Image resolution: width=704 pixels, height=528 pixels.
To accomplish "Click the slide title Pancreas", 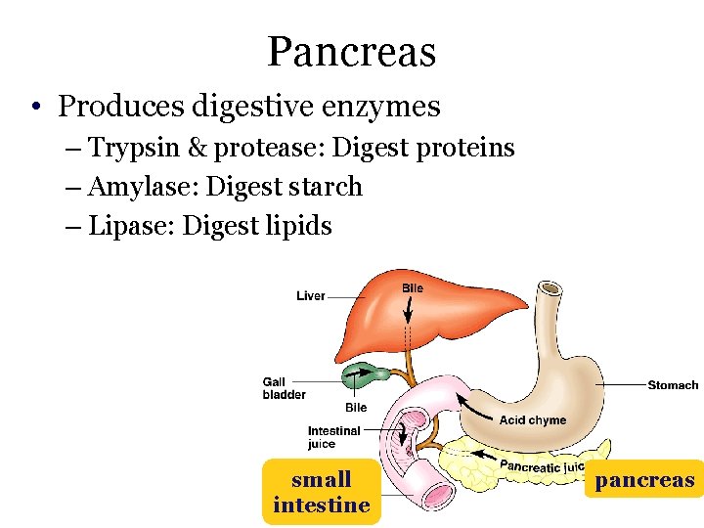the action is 351,51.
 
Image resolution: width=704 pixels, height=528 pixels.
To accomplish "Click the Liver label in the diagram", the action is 311,295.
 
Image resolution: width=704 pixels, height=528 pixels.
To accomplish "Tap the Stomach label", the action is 673,385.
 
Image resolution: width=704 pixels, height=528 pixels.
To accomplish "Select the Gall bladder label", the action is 284,388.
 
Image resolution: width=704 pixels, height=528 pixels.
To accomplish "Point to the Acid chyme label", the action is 533,420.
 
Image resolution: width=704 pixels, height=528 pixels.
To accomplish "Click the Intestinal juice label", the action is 333,437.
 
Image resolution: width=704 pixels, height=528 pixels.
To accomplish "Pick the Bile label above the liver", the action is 413,288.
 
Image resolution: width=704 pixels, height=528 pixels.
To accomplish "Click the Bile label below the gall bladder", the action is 356,408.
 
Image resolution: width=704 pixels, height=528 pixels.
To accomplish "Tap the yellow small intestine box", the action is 322,492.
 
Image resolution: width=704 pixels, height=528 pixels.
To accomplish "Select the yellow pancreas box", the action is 644,480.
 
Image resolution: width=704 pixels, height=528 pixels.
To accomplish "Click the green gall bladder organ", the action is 364,373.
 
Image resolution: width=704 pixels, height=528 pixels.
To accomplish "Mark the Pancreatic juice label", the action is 543,465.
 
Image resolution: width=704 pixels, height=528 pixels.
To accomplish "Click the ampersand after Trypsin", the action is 197,148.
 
